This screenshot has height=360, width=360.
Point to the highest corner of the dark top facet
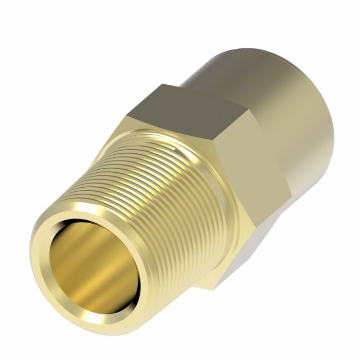164,85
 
